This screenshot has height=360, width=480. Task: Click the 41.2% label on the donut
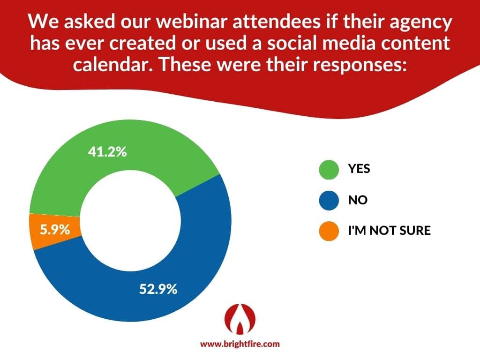tap(107, 151)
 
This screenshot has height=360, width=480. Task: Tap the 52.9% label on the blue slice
tap(158, 289)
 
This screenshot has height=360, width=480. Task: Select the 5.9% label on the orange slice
tap(55, 229)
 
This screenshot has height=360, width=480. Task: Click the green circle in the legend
tap(329, 169)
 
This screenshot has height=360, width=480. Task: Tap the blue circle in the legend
tap(329, 200)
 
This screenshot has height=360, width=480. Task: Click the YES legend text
tap(359, 169)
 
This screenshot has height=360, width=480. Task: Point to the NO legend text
tap(358, 200)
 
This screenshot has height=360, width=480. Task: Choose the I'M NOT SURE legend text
tap(390, 230)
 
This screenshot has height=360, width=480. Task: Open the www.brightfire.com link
tap(240, 344)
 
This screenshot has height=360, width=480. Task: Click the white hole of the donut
tap(130, 220)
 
